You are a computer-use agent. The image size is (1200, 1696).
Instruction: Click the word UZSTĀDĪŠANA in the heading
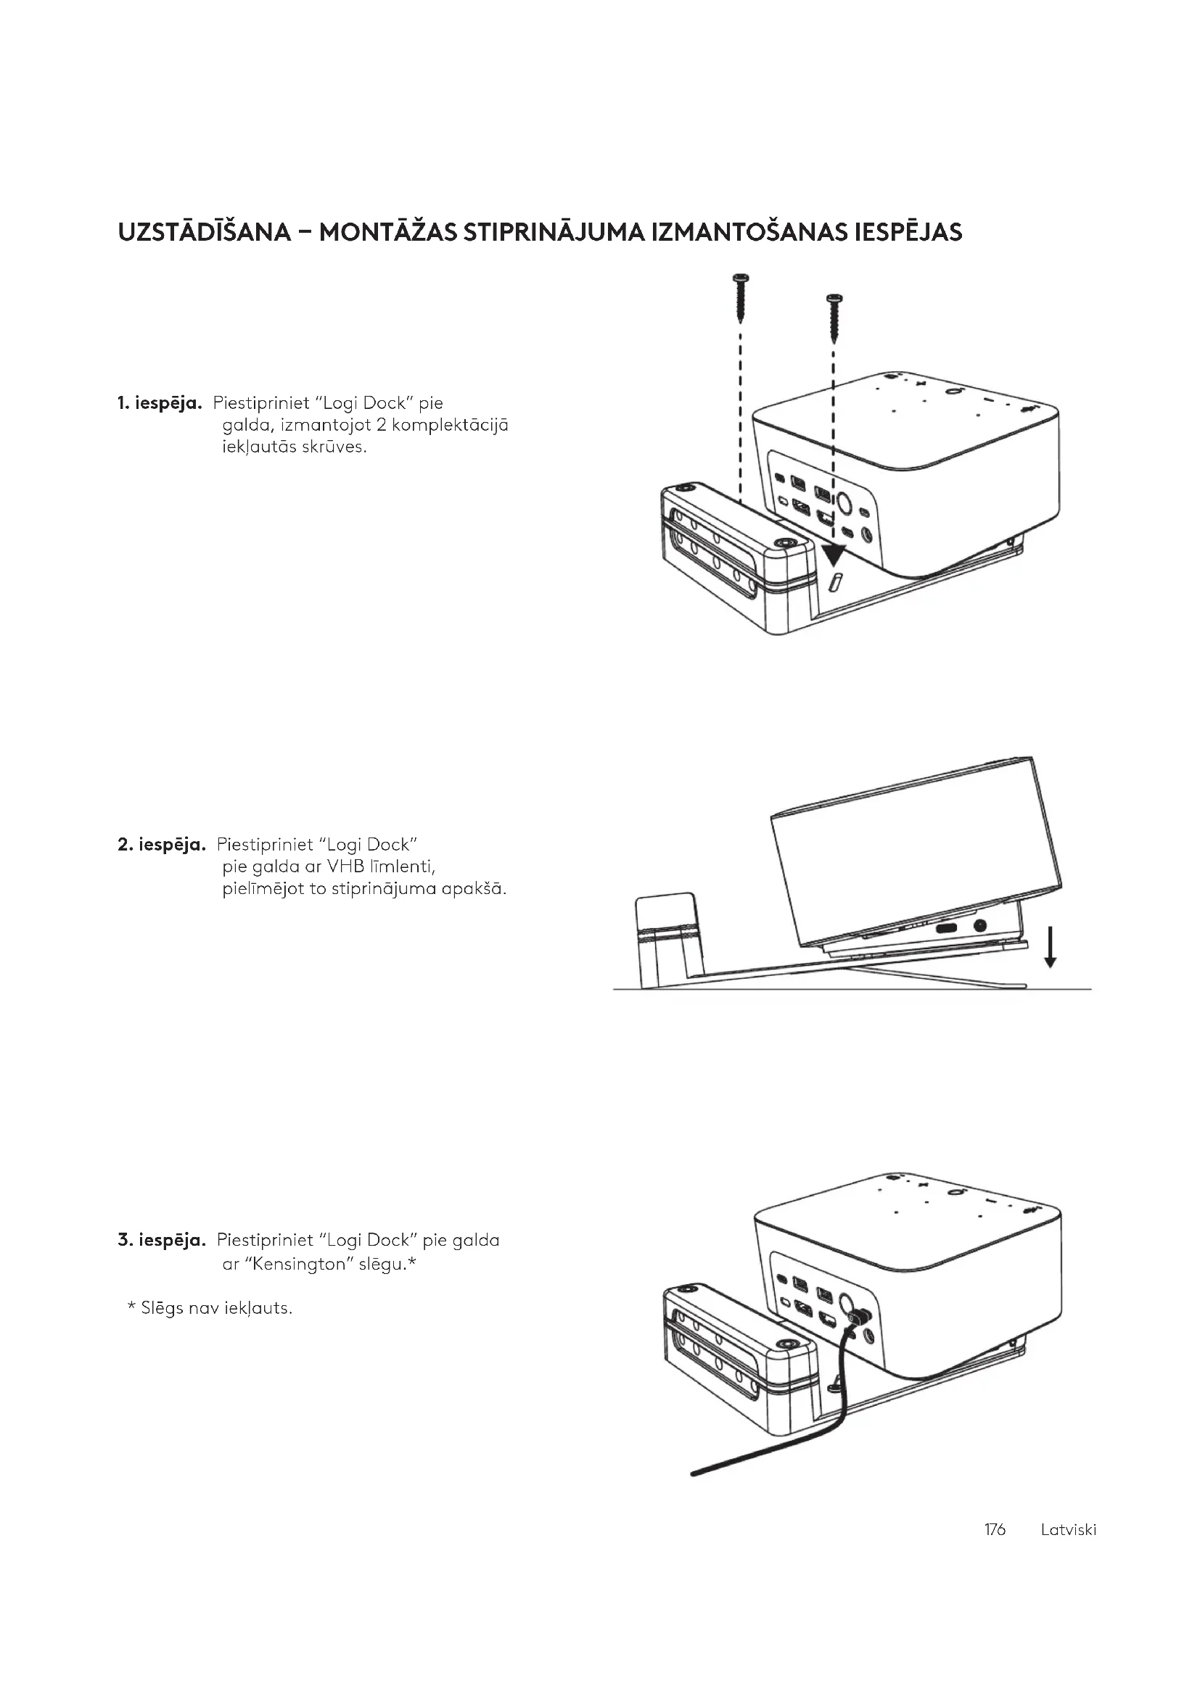coord(204,233)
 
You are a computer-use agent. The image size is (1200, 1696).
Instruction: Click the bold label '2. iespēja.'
coord(161,844)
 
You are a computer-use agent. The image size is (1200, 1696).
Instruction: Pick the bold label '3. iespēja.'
coord(161,1240)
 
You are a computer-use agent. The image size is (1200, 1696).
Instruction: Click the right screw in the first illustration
coord(834,318)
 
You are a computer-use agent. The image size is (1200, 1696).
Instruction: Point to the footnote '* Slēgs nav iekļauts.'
coord(210,1308)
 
